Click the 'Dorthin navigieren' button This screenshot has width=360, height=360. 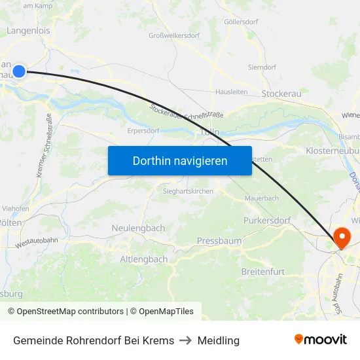click(x=180, y=160)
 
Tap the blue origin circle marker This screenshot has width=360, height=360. click(x=19, y=71)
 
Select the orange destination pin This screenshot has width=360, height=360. click(x=341, y=238)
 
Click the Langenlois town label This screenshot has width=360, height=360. click(x=27, y=31)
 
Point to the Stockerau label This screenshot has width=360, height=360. click(x=281, y=94)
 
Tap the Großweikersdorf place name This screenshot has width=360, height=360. click(x=174, y=35)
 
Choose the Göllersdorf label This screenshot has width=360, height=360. click(x=241, y=22)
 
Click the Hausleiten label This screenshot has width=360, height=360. click(x=231, y=92)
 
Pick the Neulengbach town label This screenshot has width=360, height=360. click(x=138, y=227)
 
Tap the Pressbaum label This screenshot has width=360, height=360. click(x=219, y=241)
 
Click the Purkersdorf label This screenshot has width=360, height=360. click(x=266, y=221)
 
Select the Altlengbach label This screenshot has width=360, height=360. click(x=143, y=259)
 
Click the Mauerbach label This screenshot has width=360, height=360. click(x=261, y=198)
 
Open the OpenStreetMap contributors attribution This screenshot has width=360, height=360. click(x=65, y=312)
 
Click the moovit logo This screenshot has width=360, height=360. click(x=320, y=340)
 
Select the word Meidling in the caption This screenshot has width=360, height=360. click(x=219, y=340)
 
